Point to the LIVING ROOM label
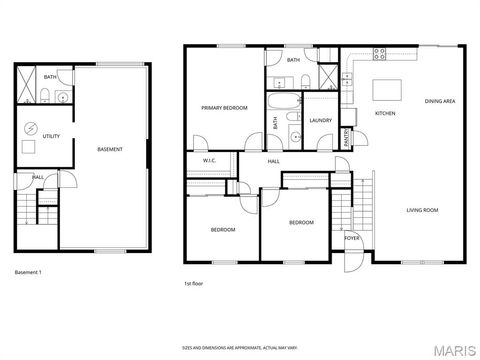click(x=423, y=209)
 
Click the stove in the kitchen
click(x=380, y=54)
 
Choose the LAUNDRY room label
click(x=320, y=121)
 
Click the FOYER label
click(x=352, y=238)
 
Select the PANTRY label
click(x=347, y=135)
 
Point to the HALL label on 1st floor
click(x=273, y=161)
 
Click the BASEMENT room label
click(x=110, y=150)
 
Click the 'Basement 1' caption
click(x=28, y=272)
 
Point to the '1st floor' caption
click(x=194, y=283)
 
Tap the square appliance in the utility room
click(x=29, y=147)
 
